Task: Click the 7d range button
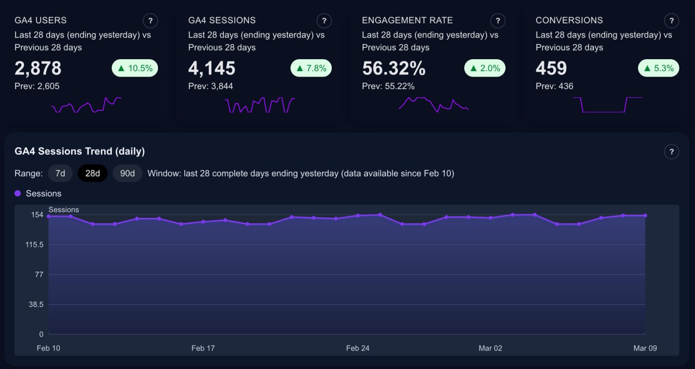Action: point(60,173)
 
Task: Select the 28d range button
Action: point(93,173)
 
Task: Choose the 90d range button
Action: point(128,173)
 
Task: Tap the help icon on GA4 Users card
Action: point(150,21)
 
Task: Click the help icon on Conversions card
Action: point(672,21)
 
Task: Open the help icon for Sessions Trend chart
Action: point(672,152)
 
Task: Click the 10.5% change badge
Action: point(135,68)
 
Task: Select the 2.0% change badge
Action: point(485,68)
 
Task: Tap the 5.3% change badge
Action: point(658,68)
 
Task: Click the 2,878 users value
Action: point(38,68)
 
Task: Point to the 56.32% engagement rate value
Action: point(394,68)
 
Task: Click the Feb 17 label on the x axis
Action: point(203,348)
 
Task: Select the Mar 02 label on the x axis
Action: point(490,348)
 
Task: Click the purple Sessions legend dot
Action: point(18,193)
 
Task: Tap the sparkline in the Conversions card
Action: point(608,105)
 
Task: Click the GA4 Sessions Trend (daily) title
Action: point(80,151)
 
